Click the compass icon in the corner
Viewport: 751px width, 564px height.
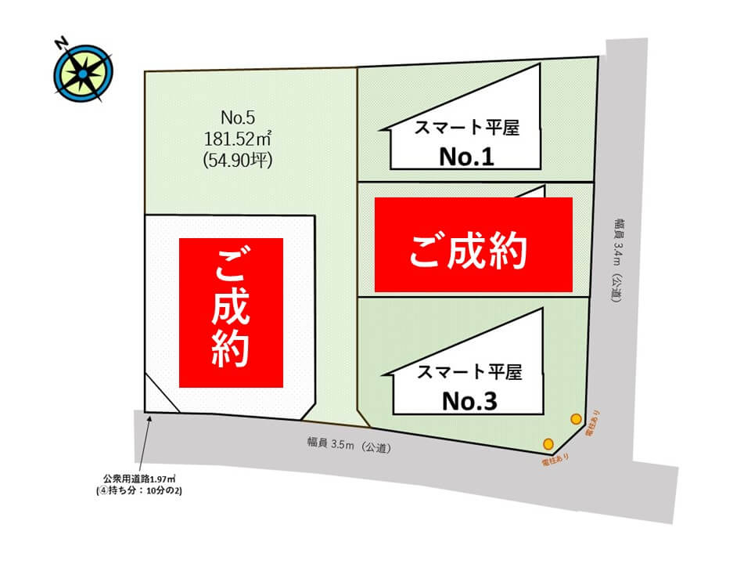pyautogui.click(x=82, y=73)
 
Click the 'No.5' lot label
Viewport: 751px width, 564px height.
pyautogui.click(x=239, y=118)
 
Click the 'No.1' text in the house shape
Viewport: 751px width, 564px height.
pyautogui.click(x=466, y=157)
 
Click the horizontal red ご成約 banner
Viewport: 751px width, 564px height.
pyautogui.click(x=473, y=244)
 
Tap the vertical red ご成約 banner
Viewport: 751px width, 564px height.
pyautogui.click(x=231, y=313)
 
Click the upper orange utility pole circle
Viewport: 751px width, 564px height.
pyautogui.click(x=576, y=418)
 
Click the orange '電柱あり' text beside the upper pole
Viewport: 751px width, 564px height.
pyautogui.click(x=598, y=424)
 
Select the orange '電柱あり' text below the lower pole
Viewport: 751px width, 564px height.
pyautogui.click(x=555, y=461)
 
